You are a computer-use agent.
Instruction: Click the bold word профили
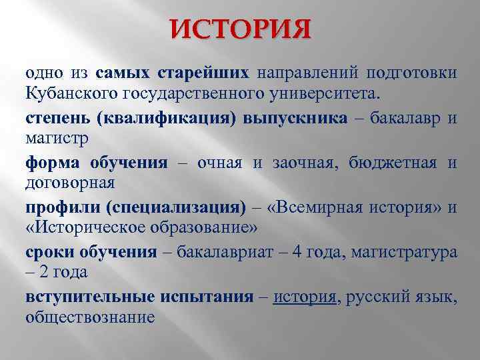pyautogui.click(x=61, y=208)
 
